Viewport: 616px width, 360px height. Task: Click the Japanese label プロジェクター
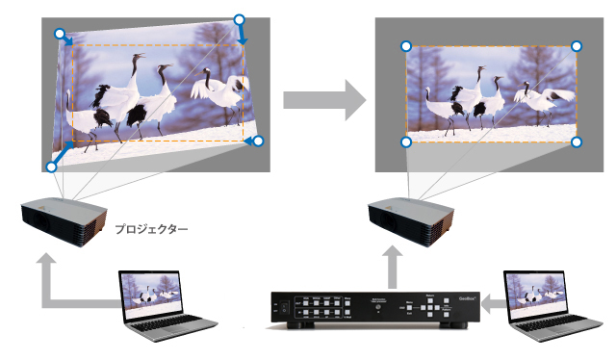pyautogui.click(x=151, y=230)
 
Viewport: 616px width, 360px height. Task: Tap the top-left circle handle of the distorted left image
pyautogui.click(x=60, y=34)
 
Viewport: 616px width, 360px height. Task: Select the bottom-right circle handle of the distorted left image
pyautogui.click(x=257, y=141)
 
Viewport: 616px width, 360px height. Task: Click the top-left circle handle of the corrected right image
pyautogui.click(x=406, y=46)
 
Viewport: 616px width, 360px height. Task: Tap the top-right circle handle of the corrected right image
pyautogui.click(x=577, y=46)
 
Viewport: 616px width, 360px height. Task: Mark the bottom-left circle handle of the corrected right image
pyautogui.click(x=406, y=142)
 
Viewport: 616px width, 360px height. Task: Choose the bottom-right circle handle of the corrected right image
pyautogui.click(x=577, y=142)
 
